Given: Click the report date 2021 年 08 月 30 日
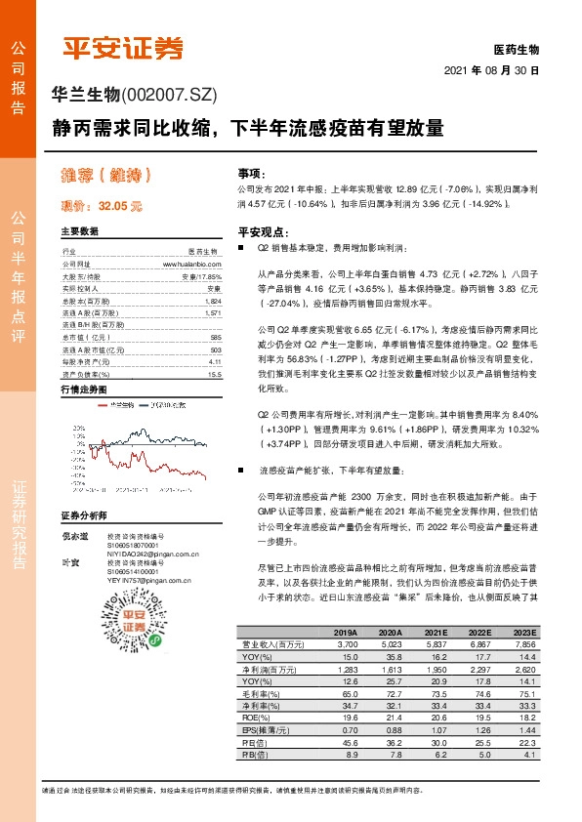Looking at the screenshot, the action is (x=491, y=71).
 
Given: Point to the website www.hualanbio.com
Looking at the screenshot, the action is (x=191, y=264).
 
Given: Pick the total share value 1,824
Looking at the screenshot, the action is (x=214, y=303).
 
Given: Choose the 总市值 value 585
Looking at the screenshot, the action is (x=216, y=337).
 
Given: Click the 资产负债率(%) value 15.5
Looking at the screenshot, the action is (x=215, y=373).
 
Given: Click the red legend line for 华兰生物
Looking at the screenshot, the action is (x=102, y=403).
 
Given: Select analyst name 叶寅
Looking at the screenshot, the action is (x=68, y=563).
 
